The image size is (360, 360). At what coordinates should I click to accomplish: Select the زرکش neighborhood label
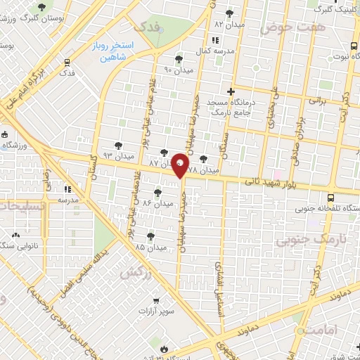pos(136,272)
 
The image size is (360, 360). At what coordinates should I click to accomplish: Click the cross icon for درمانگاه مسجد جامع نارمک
pos(230,91)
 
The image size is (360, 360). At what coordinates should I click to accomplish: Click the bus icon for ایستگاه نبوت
pos(352,46)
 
